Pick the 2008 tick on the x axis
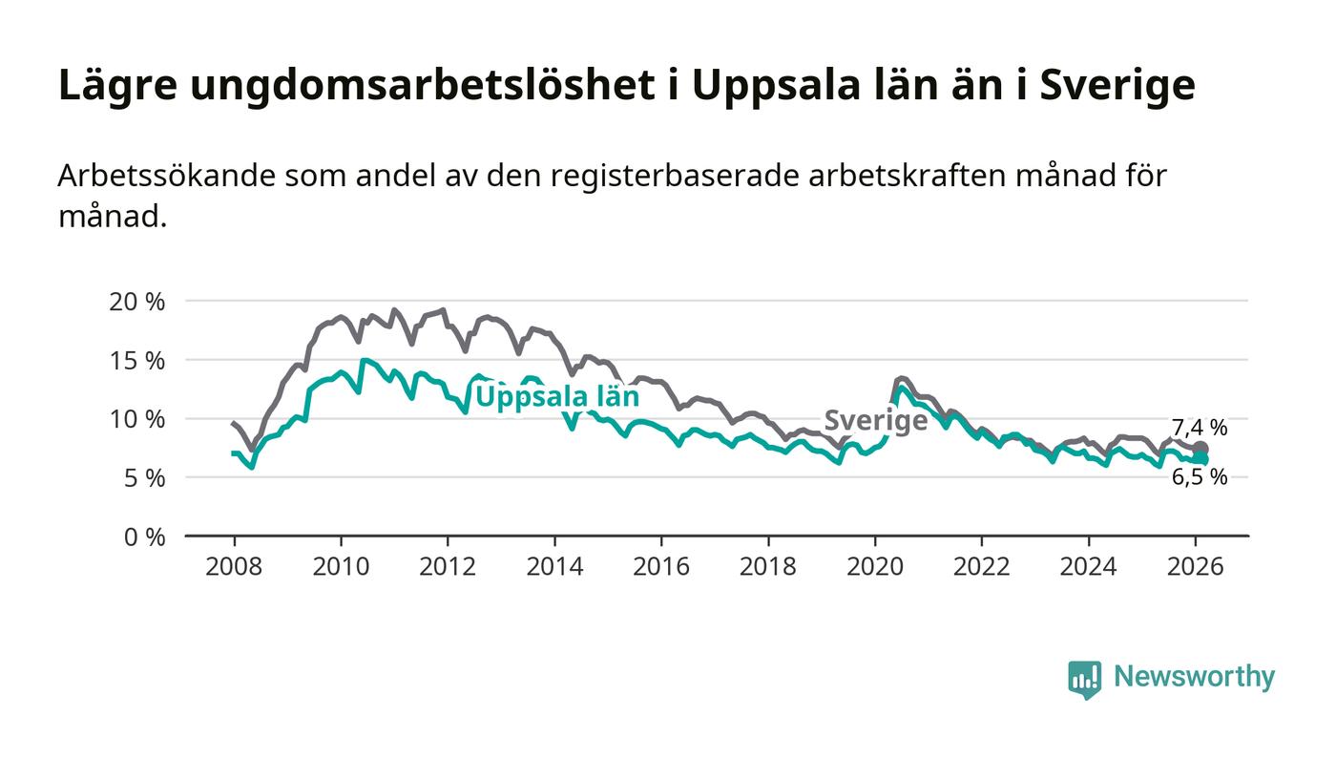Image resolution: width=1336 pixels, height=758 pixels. point(234,566)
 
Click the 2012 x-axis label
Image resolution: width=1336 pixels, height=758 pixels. point(448,566)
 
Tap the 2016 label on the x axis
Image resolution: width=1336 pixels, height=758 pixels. point(661,566)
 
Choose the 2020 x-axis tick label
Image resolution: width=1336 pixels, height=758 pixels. point(875,566)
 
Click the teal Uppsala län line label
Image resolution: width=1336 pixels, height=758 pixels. point(557,396)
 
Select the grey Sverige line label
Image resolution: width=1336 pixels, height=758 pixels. point(875,420)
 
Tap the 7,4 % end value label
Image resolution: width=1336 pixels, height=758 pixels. point(1200,428)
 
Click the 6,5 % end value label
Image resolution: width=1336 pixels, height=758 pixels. point(1200,477)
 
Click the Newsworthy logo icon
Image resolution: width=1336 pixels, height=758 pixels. point(1084,679)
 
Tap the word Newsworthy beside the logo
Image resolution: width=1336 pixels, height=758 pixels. point(1194,677)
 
